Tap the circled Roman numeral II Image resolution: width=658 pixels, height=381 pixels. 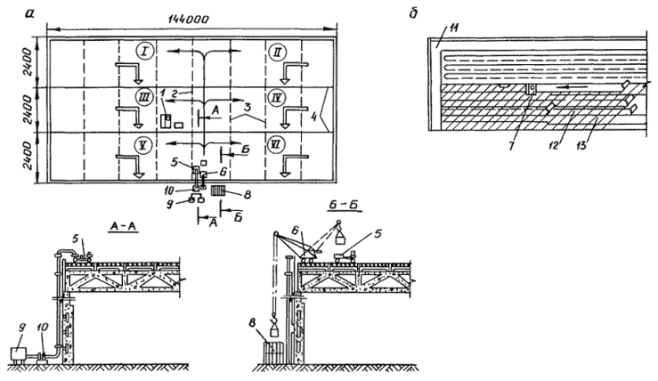click(x=278, y=52)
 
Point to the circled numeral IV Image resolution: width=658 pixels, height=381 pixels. click(x=278, y=97)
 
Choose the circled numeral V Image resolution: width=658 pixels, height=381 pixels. click(x=142, y=145)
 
